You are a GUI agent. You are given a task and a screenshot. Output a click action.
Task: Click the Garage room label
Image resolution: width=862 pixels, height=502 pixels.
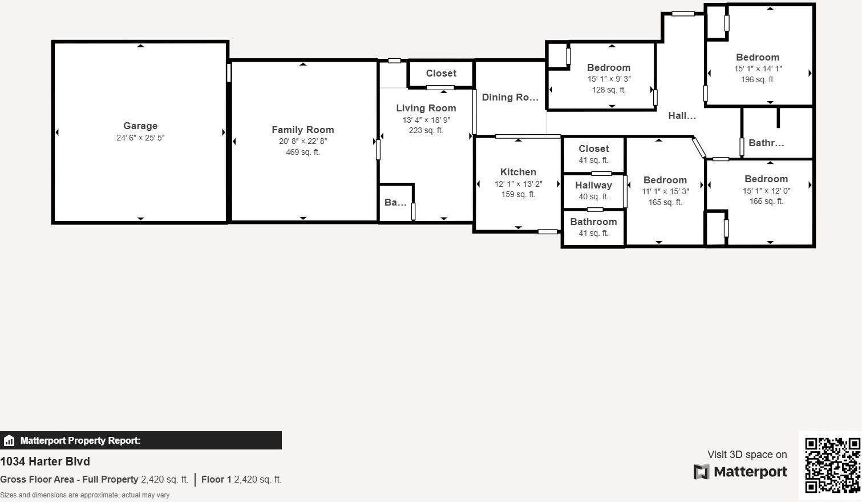[140, 126]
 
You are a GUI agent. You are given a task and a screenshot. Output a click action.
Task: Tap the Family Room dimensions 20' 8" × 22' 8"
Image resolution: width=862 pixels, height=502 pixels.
[303, 141]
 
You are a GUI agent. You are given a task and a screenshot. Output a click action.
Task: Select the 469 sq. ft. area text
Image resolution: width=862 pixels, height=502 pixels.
[303, 152]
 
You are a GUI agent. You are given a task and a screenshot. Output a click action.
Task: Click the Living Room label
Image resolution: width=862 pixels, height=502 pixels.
[426, 108]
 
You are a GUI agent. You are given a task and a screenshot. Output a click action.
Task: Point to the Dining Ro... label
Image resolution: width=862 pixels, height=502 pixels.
[510, 97]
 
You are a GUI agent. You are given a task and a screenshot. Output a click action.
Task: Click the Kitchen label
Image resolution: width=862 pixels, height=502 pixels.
[518, 172]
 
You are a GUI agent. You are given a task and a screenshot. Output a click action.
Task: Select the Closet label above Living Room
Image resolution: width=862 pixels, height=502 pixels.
[441, 73]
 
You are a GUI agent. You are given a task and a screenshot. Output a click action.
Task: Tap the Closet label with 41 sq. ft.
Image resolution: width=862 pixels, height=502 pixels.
[593, 148]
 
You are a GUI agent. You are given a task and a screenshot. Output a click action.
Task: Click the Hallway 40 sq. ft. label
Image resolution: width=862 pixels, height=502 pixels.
[593, 185]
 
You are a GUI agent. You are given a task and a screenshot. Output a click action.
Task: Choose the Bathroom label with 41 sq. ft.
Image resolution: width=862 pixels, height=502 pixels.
[593, 222]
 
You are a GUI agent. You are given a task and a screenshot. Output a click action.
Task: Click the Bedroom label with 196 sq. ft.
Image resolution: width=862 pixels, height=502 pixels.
[758, 57]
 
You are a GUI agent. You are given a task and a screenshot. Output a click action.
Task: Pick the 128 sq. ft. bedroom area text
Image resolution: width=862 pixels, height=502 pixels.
[609, 90]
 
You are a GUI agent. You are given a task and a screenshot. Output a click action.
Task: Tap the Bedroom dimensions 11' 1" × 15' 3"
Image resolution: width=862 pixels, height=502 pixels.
[665, 191]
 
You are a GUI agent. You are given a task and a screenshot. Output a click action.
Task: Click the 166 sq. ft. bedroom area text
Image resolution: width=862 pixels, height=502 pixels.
[766, 201]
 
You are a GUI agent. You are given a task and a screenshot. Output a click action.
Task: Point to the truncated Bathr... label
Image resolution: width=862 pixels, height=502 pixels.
[766, 143]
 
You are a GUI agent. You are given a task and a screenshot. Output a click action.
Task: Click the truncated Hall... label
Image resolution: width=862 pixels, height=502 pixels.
[682, 115]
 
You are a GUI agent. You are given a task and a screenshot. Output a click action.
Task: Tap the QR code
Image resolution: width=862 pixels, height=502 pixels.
[832, 465]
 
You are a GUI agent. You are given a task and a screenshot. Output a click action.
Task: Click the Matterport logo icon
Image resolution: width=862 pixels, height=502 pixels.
[701, 472]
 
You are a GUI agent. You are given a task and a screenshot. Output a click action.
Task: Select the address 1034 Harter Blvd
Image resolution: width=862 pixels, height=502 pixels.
[45, 461]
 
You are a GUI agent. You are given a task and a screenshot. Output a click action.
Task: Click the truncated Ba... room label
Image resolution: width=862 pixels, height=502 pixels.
[395, 202]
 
